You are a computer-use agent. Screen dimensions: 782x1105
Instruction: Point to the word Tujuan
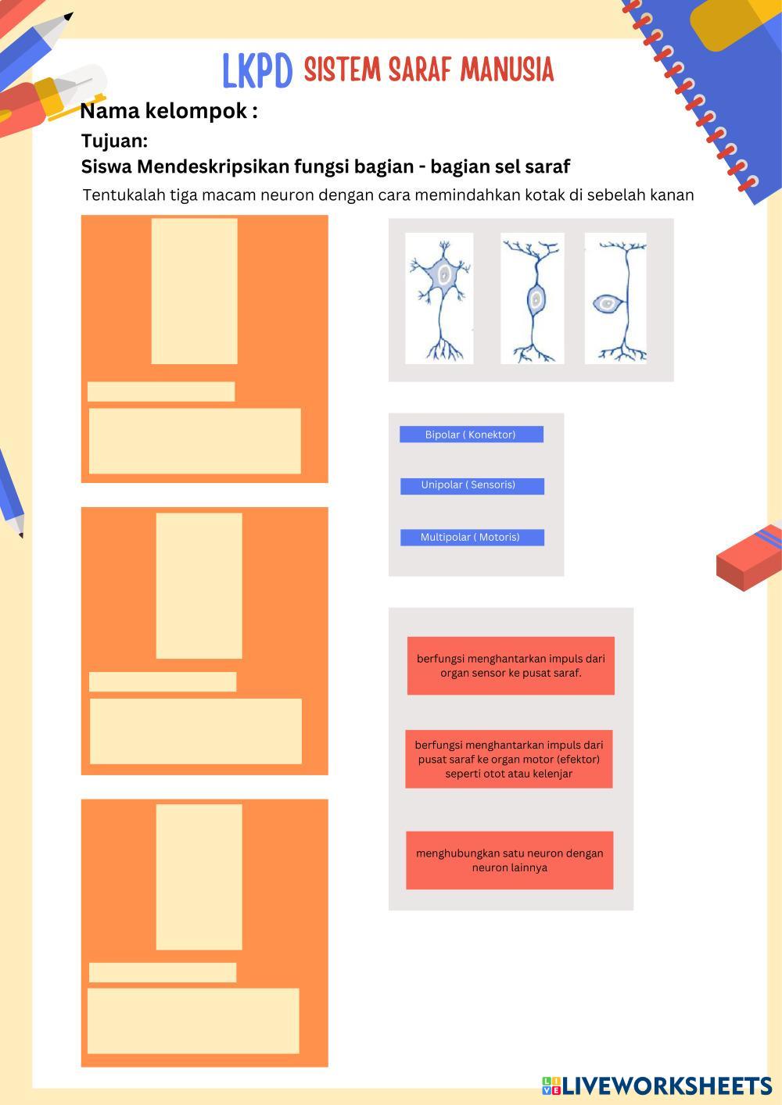click(114, 141)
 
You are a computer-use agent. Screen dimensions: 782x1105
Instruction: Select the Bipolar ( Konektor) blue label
click(472, 434)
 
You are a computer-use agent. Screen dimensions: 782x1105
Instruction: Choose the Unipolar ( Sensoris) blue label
click(472, 486)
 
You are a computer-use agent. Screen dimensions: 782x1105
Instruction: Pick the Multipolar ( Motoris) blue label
click(472, 537)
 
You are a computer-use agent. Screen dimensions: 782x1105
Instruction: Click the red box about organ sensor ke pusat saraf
click(511, 666)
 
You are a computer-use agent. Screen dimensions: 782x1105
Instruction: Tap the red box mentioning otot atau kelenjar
click(508, 759)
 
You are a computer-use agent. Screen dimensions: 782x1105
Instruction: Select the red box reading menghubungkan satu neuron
click(510, 860)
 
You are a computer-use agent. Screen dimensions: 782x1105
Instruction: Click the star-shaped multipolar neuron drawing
click(439, 299)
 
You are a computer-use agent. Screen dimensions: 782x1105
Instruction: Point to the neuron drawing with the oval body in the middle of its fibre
click(533, 299)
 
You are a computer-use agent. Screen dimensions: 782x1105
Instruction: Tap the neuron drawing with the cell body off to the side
click(615, 299)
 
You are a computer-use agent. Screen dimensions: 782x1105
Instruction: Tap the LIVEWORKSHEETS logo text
click(667, 1085)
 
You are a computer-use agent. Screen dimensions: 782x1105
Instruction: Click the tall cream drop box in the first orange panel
click(195, 291)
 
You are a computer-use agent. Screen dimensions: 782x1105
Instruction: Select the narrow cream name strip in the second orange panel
click(163, 681)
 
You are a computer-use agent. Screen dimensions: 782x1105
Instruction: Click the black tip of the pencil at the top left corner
click(69, 16)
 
